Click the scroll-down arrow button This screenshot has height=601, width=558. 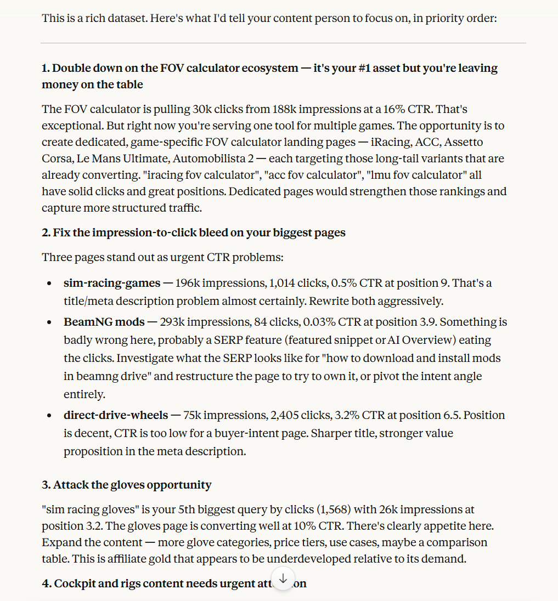(x=283, y=579)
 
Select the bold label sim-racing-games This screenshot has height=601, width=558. (x=112, y=284)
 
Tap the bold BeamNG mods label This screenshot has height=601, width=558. (x=104, y=322)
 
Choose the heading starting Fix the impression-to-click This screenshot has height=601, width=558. (x=193, y=233)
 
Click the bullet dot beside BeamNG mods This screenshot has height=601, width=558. (x=50, y=322)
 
